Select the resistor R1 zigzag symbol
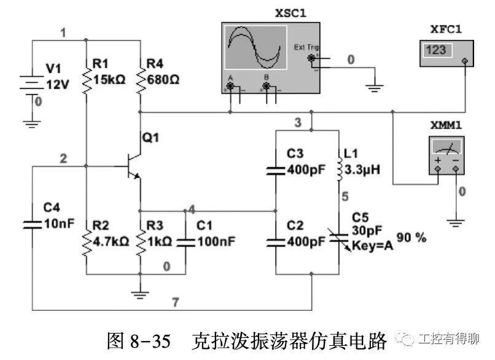pyautogui.click(x=86, y=79)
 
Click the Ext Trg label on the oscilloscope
pyautogui.click(x=306, y=47)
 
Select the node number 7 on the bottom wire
pyautogui.click(x=176, y=302)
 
